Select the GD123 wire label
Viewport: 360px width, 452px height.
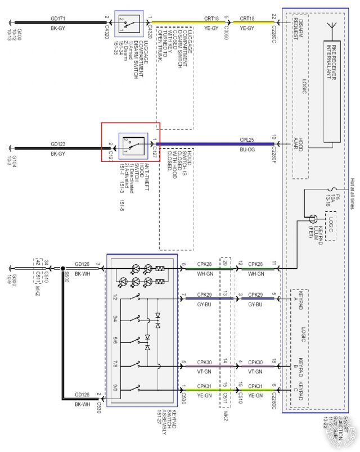[x=58, y=144]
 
